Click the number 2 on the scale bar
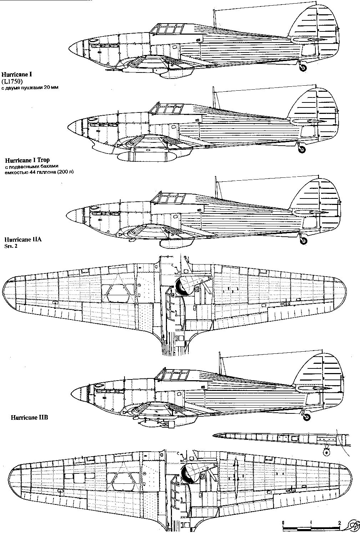click(x=339, y=522)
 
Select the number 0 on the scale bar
click(x=283, y=522)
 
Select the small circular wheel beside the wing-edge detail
click(x=326, y=452)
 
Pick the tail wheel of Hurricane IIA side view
click(x=304, y=240)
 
